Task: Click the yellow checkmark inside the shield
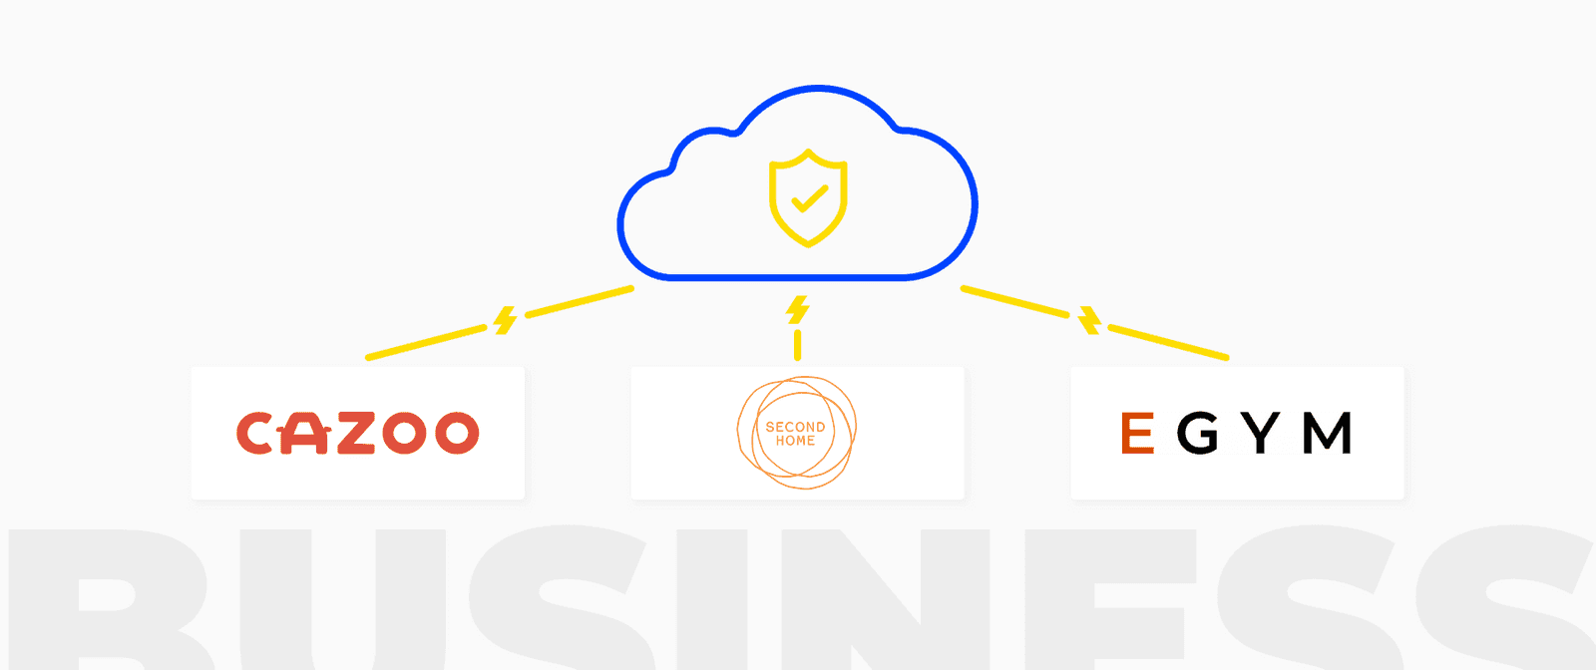click(x=809, y=199)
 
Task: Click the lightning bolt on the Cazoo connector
click(x=506, y=321)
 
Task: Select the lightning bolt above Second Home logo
click(x=797, y=310)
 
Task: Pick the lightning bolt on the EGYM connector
click(x=1090, y=321)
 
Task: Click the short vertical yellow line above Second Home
click(x=797, y=345)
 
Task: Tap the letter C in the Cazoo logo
click(x=253, y=434)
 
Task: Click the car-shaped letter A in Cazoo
click(x=305, y=434)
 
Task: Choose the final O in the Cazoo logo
click(x=457, y=434)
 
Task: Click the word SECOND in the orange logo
click(x=795, y=427)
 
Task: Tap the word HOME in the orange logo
click(x=795, y=441)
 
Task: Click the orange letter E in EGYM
click(x=1137, y=434)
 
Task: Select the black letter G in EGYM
click(x=1198, y=434)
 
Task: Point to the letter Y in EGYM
click(x=1262, y=434)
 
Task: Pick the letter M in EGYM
click(x=1328, y=434)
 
